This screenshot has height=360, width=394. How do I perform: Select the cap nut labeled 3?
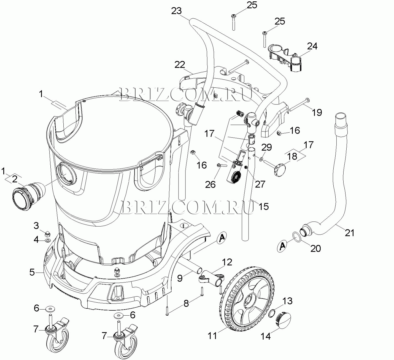pyautogui.click(x=47, y=234)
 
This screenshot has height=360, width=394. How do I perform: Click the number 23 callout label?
pyautogui.click(x=176, y=11)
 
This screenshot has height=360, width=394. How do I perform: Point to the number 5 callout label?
pyautogui.click(x=32, y=272)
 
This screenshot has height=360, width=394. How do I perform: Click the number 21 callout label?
pyautogui.click(x=349, y=233)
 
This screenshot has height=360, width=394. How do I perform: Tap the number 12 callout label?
pyautogui.click(x=227, y=262)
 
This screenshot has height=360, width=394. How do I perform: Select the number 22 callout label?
pyautogui.click(x=180, y=65)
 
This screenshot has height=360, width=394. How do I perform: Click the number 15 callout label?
pyautogui.click(x=264, y=206)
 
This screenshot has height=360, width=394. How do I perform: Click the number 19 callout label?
pyautogui.click(x=317, y=112)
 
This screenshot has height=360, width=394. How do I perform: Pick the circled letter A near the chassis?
pyautogui.click(x=222, y=238)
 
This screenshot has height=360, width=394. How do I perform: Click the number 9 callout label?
pyautogui.click(x=180, y=278)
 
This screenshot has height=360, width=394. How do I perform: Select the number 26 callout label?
pyautogui.click(x=210, y=184)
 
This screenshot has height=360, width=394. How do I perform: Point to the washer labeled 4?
pyautogui.click(x=48, y=241)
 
